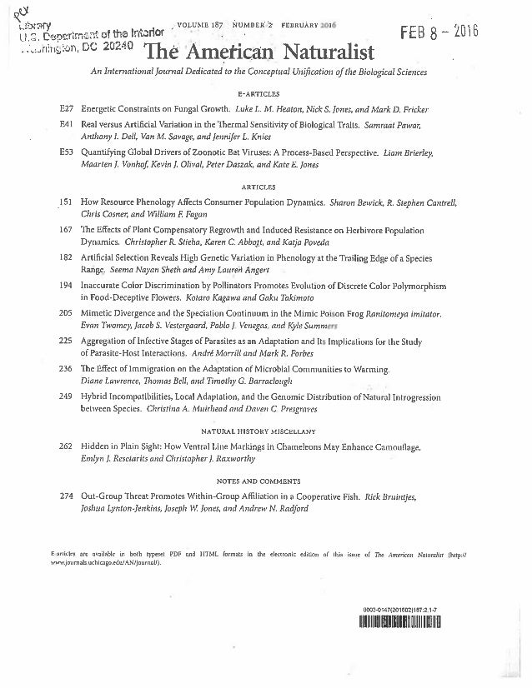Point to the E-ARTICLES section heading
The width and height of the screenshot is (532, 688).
260,94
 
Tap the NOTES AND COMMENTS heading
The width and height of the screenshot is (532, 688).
260,481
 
